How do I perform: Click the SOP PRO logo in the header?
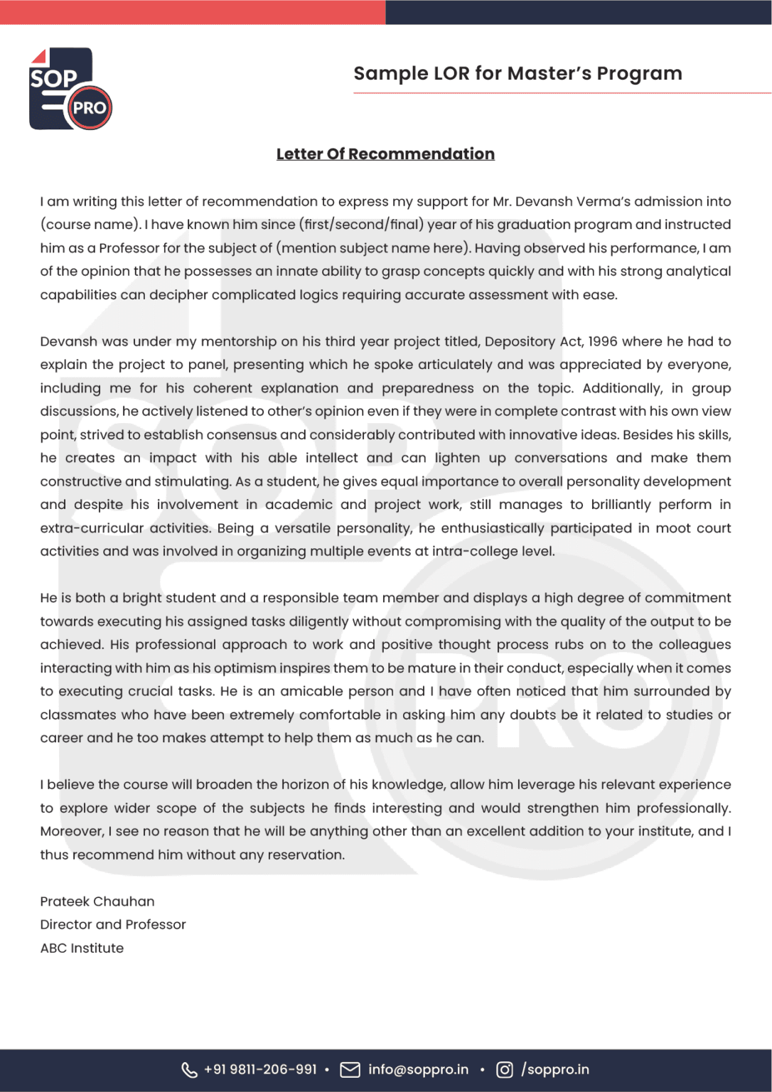pos(70,89)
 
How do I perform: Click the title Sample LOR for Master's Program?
pos(518,73)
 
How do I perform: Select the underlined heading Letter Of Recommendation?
pos(385,154)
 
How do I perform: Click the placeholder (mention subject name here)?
pos(373,248)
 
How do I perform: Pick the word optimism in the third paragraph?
pos(245,668)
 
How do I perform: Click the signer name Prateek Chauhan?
pos(97,901)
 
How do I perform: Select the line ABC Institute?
pos(82,948)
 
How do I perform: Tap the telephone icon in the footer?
pos(189,1070)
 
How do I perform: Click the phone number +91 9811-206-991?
pos(260,1070)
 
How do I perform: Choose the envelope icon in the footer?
pos(350,1070)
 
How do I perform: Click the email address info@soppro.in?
pos(418,1070)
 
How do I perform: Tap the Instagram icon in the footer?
pos(504,1070)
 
